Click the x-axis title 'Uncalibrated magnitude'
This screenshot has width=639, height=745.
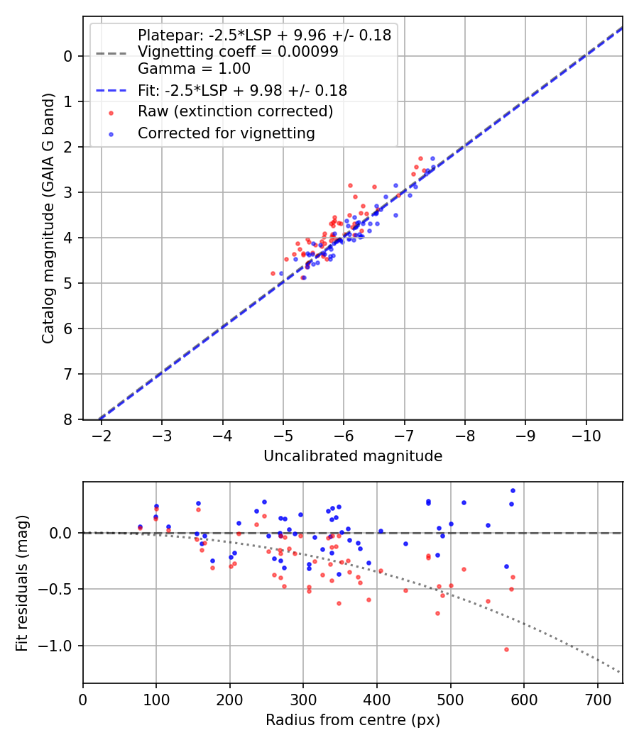tap(353, 456)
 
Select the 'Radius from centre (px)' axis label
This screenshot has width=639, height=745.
tap(353, 720)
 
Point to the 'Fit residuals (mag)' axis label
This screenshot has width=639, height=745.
tap(22, 583)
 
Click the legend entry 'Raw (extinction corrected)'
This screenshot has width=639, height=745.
tap(235, 111)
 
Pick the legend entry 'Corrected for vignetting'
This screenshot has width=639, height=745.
tap(226, 133)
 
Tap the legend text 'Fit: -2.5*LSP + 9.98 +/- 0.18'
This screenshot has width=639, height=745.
tap(242, 90)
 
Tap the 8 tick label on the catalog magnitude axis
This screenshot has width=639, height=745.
tap(68, 419)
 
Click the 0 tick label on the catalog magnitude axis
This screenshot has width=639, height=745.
tap(68, 56)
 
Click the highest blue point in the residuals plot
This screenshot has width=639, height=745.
tap(513, 490)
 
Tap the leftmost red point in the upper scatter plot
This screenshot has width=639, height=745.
tap(273, 273)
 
